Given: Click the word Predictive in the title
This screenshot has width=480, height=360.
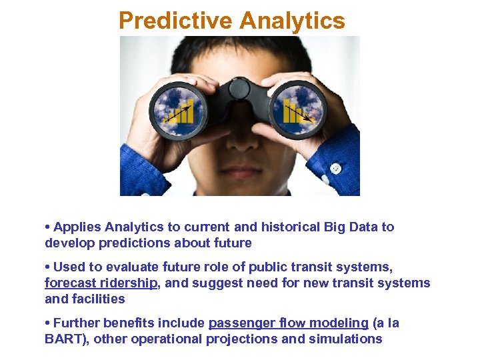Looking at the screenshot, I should pyautogui.click(x=175, y=21).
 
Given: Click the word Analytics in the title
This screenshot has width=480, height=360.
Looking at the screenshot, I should pyautogui.click(x=291, y=21).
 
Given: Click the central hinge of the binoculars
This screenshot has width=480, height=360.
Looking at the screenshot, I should pyautogui.click(x=239, y=93).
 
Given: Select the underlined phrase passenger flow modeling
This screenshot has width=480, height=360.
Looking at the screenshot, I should pyautogui.click(x=288, y=323).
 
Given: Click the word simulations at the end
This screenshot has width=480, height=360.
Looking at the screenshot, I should pyautogui.click(x=345, y=339).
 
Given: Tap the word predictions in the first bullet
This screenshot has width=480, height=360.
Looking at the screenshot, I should pyautogui.click(x=133, y=243).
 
